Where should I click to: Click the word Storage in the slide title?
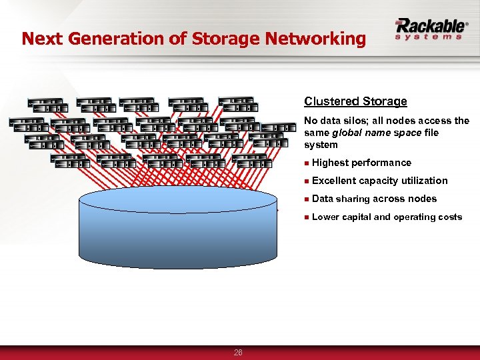(x=225, y=39)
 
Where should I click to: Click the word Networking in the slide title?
(x=315, y=39)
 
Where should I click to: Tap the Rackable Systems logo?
(x=430, y=29)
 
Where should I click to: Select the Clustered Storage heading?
(x=355, y=101)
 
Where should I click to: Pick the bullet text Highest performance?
(x=361, y=163)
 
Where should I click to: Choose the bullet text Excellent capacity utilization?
(x=379, y=181)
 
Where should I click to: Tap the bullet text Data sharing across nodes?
(x=374, y=199)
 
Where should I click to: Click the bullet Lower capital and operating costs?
(x=387, y=217)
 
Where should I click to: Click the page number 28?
(x=238, y=353)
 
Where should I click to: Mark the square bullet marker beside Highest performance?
(x=306, y=163)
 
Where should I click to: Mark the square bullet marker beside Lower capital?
(x=306, y=217)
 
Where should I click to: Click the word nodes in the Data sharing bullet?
(x=423, y=199)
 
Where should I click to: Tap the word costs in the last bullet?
(x=448, y=217)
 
